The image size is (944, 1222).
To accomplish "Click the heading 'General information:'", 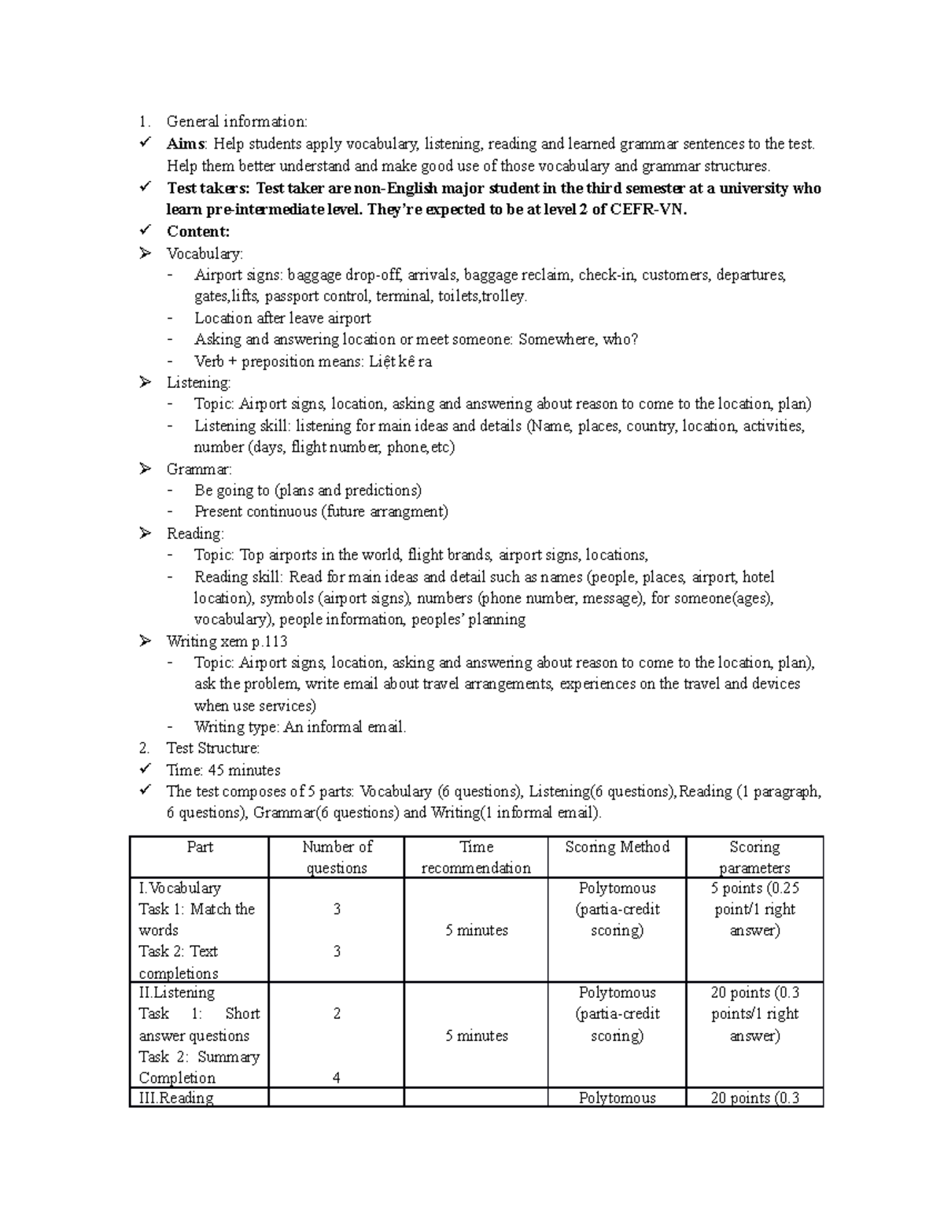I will [237, 121].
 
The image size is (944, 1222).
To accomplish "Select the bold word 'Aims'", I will [186, 143].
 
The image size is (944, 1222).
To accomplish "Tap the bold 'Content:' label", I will [197, 231].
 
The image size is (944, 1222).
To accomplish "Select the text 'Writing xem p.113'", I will [227, 641].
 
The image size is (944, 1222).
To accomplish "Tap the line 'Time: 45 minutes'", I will [223, 770].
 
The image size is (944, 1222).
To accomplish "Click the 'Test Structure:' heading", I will [212, 748].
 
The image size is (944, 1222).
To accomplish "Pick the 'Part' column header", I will [200, 847].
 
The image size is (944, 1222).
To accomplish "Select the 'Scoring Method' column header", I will [617, 847].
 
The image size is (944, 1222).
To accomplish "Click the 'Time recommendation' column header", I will [476, 858].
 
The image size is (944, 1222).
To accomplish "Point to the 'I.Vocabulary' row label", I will [179, 888].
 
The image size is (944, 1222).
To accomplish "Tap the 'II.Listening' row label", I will [176, 993].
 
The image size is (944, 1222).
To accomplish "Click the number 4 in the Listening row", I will [336, 1078].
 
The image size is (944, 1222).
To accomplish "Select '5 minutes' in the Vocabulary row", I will [476, 930].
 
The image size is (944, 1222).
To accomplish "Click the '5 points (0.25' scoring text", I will [754, 888].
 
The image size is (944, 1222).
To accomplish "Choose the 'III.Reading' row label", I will [176, 1098].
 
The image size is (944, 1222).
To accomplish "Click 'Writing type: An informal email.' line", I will [300, 727].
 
